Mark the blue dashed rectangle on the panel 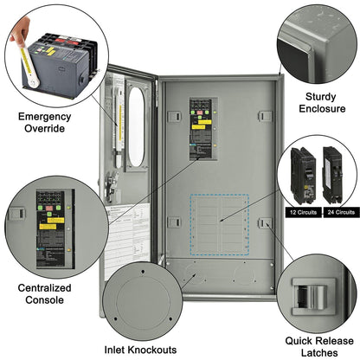click(x=219, y=226)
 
